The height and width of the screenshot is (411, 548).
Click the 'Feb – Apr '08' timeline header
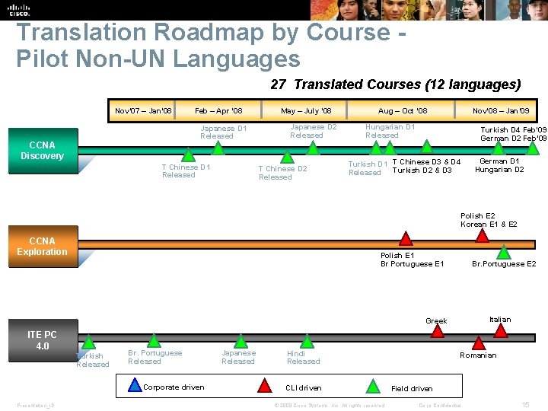(x=218, y=111)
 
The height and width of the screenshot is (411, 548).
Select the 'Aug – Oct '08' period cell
(x=403, y=111)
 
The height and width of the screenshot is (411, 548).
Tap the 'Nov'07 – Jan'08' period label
(x=143, y=111)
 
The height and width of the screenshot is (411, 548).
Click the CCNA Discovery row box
(x=42, y=150)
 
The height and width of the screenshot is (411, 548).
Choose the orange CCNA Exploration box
(x=42, y=247)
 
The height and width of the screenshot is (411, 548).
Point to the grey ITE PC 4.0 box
(x=42, y=340)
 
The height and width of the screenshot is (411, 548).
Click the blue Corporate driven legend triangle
(x=135, y=387)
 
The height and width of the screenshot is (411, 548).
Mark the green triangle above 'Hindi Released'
(x=307, y=340)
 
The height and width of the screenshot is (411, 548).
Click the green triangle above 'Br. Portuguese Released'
(x=154, y=340)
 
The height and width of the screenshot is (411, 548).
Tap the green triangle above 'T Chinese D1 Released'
(x=188, y=155)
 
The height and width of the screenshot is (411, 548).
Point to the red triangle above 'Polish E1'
(x=406, y=238)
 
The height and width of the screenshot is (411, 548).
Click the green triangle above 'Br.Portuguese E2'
(x=503, y=253)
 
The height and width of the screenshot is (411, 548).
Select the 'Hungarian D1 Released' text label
(x=390, y=131)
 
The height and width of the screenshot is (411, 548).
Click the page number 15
(x=525, y=403)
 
